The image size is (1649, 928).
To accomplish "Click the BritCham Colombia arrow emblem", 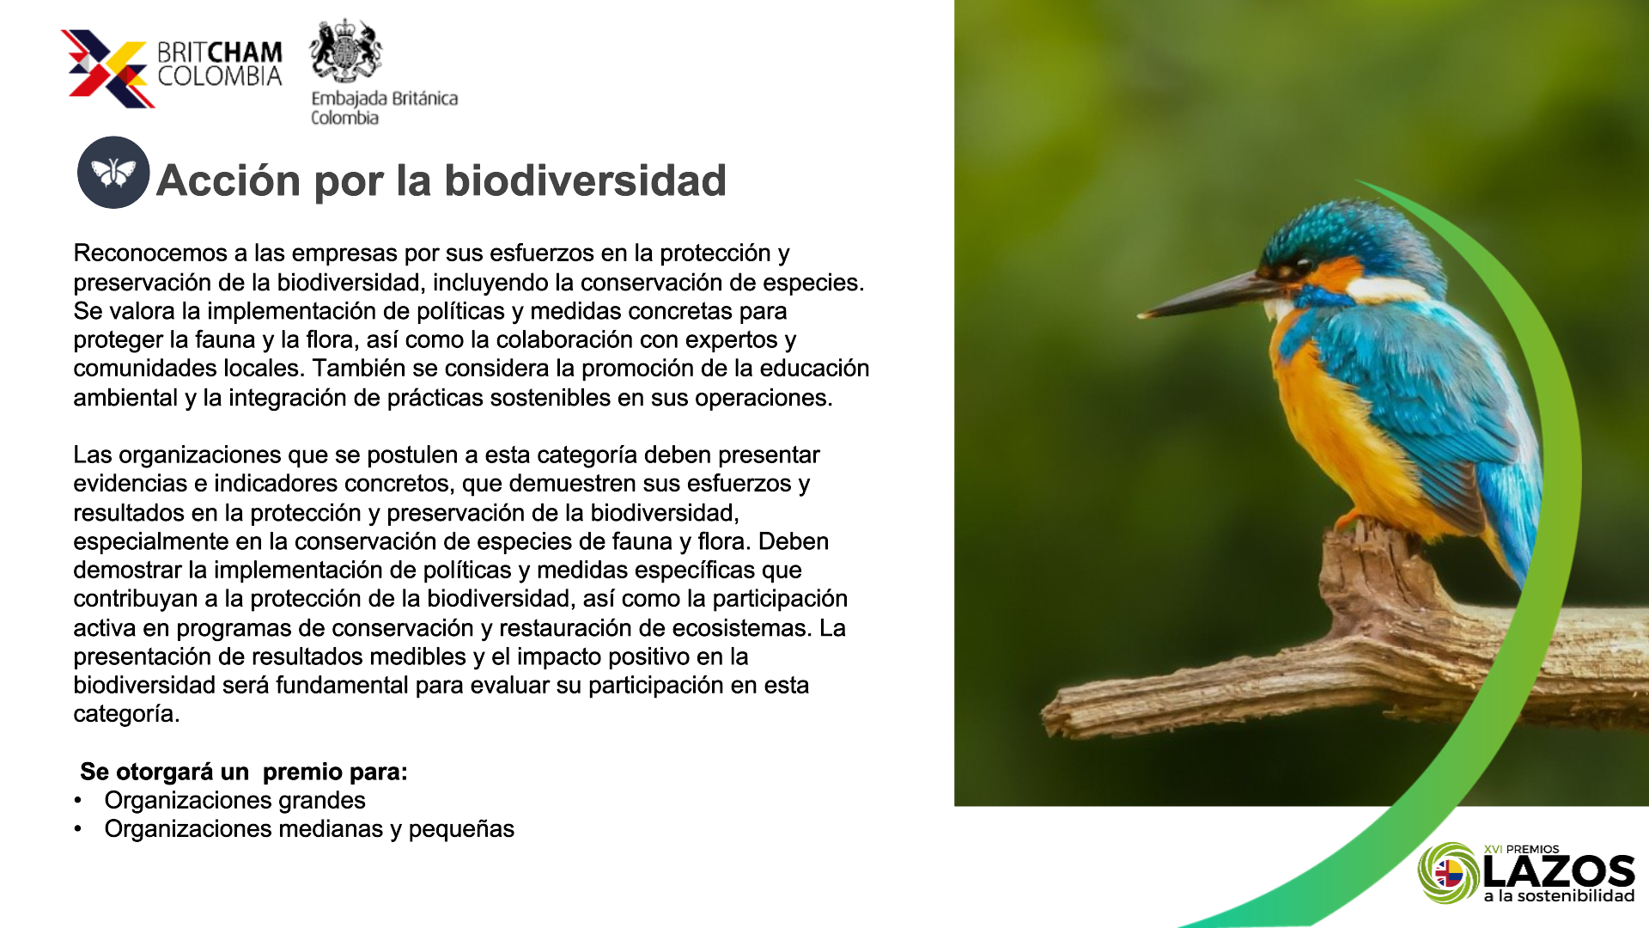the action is pos(107,69).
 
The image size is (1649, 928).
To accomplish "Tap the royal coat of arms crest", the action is pos(345,51).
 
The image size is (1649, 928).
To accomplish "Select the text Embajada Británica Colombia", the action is pos(384,108).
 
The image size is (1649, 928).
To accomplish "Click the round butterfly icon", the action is pos(113,173).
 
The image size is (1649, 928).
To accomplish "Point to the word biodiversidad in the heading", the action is pos(585,180).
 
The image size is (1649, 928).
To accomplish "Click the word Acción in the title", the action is pos(228,180).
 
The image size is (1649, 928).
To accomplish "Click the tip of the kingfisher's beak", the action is pos(1140,315).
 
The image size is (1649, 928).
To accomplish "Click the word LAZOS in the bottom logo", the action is pos(1559,872).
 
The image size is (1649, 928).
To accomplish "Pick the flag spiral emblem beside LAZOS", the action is pos(1449,873).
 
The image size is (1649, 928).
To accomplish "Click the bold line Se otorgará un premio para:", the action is pos(244,772).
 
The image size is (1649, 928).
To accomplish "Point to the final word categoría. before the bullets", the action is pos(126,714).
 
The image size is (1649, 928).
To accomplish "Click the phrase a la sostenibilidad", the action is pos(1559,896).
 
